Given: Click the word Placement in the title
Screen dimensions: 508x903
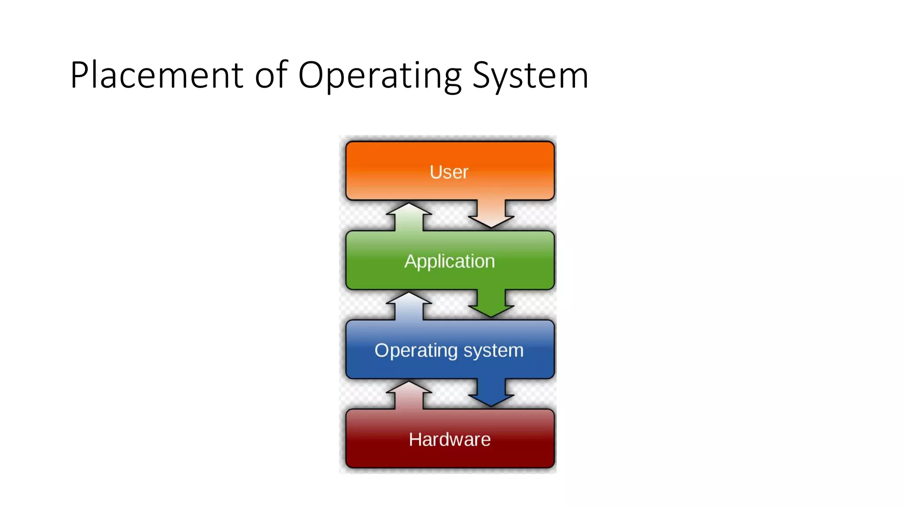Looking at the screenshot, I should pyautogui.click(x=157, y=75).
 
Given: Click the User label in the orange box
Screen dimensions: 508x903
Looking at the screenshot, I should pyautogui.click(x=449, y=172).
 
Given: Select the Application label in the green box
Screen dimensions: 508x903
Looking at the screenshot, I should pyautogui.click(x=449, y=261).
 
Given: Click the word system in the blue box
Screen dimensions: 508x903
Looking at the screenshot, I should pyautogui.click(x=493, y=351).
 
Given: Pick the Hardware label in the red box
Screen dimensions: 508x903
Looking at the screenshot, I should pyautogui.click(x=449, y=440).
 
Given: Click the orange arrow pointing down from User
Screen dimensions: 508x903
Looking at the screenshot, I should pyautogui.click(x=491, y=215).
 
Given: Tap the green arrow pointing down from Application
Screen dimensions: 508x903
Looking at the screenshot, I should pyautogui.click(x=491, y=304).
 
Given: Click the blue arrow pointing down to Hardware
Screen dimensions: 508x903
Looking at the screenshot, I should pyautogui.click(x=491, y=393).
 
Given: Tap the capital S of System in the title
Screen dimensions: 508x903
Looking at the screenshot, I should pyautogui.click(x=481, y=75).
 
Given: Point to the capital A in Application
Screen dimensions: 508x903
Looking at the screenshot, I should pyautogui.click(x=411, y=261).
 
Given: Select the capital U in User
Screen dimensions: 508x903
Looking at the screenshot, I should pyautogui.click(x=436, y=172).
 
